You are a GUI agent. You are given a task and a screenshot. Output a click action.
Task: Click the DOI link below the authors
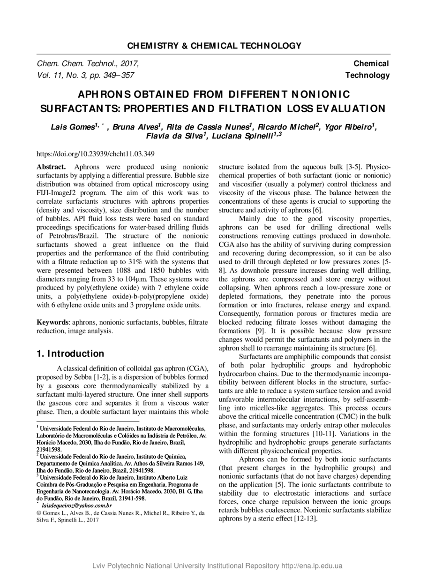point(96,153)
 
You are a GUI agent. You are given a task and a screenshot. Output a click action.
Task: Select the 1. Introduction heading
point(70,353)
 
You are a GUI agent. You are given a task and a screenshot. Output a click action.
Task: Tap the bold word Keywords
point(52,322)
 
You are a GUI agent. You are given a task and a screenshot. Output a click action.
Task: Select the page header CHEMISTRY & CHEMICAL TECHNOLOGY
point(214,46)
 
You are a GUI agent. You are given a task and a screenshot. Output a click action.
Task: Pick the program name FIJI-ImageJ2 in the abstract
point(60,192)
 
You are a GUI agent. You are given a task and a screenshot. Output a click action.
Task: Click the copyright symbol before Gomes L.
point(39,513)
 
